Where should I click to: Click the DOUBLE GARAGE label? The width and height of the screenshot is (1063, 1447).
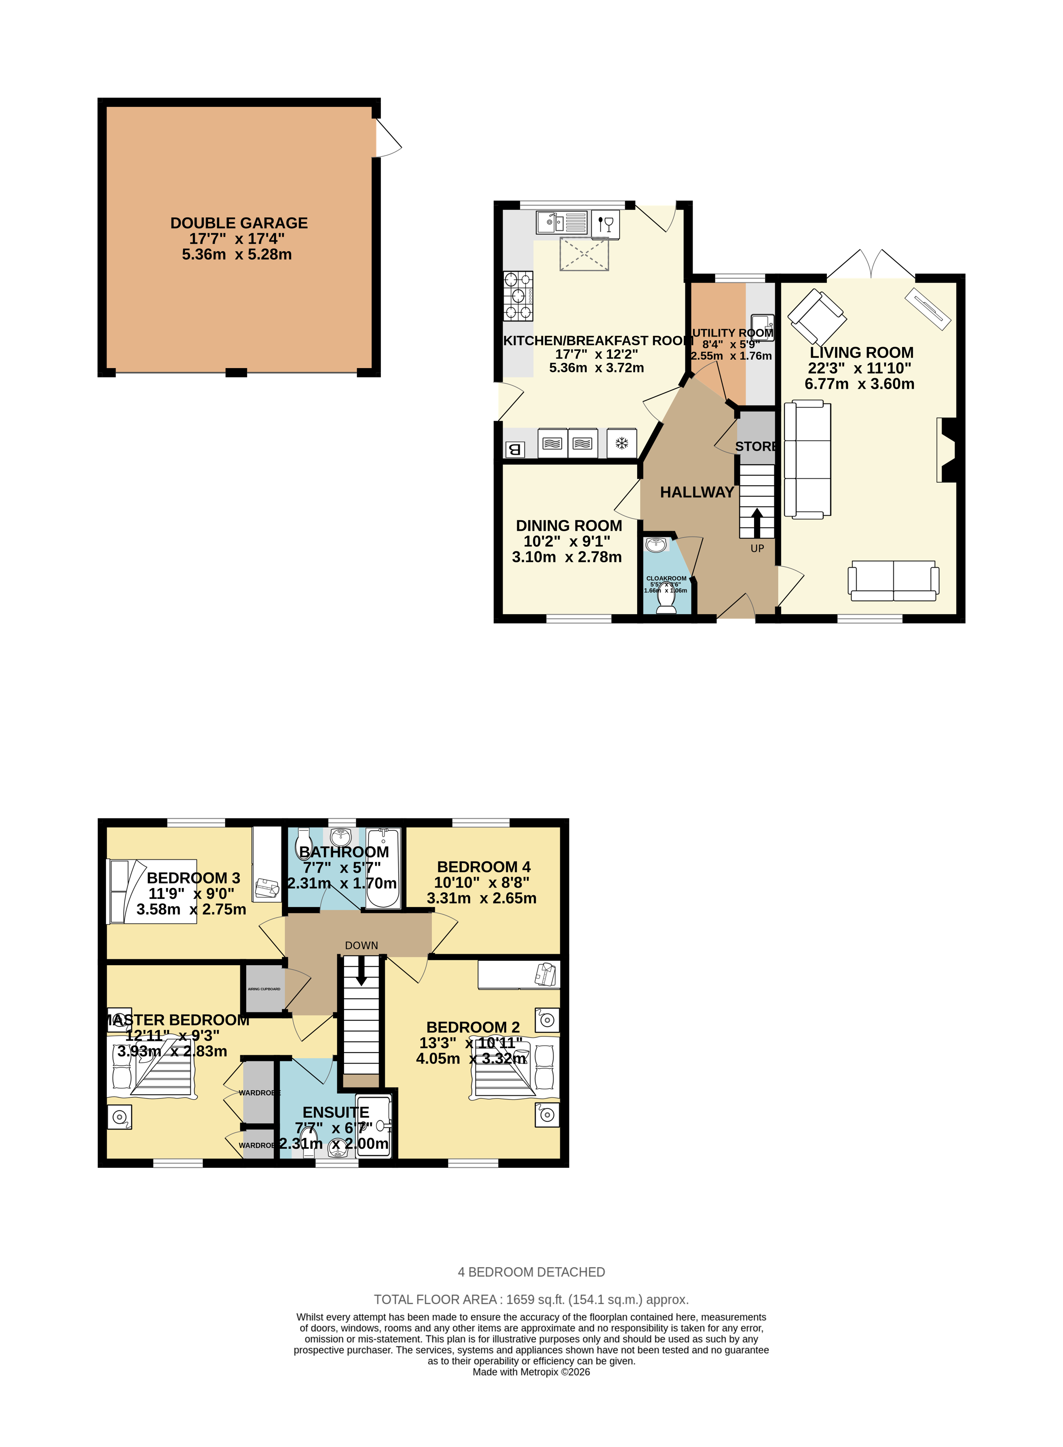click(x=239, y=223)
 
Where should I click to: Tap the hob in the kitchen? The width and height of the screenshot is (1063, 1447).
click(x=518, y=296)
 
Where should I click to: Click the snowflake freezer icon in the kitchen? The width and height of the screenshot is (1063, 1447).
click(x=621, y=443)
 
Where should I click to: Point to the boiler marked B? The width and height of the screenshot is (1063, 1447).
click(x=514, y=449)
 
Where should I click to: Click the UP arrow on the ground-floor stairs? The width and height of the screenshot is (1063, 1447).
click(x=757, y=523)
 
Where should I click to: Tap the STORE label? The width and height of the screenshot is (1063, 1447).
click(x=755, y=446)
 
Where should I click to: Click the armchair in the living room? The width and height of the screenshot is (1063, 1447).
click(x=816, y=317)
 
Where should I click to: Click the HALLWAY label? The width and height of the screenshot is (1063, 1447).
click(x=697, y=492)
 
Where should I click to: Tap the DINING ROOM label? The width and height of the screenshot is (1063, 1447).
click(x=569, y=526)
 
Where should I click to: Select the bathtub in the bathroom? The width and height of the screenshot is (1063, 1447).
click(x=383, y=869)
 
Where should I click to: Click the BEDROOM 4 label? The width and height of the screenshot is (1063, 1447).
click(x=484, y=867)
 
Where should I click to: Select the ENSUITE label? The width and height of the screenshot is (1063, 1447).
click(x=336, y=1112)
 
